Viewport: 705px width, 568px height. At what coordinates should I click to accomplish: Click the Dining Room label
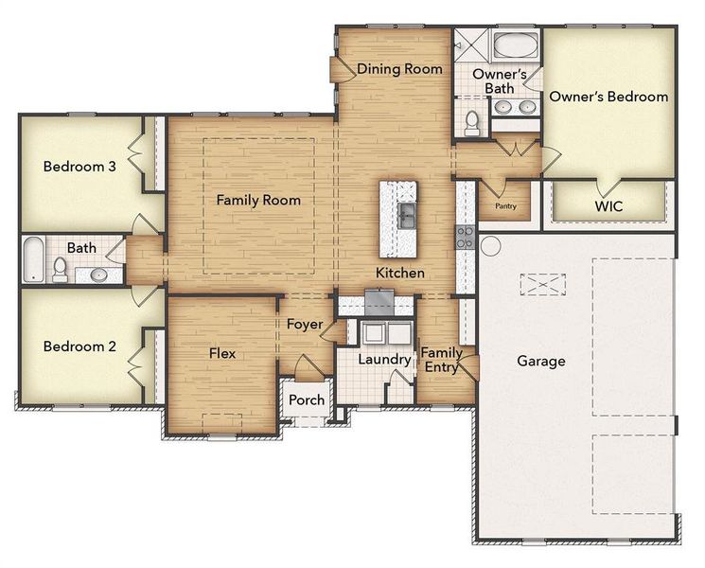pos(398,69)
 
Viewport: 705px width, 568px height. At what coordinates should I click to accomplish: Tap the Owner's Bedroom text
pos(609,97)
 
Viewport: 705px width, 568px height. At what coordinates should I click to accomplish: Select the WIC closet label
pos(609,205)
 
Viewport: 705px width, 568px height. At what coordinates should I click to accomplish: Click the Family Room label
pos(258,200)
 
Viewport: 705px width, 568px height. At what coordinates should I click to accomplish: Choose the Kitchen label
pos(399,273)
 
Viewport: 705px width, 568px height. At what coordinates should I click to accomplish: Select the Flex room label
pos(221,353)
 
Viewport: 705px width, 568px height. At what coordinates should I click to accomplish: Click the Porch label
pos(307,399)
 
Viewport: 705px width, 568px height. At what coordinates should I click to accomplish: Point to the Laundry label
pos(384,360)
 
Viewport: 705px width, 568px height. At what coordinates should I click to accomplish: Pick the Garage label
pos(541,361)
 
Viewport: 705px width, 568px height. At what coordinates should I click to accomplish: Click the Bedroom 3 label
pos(79,167)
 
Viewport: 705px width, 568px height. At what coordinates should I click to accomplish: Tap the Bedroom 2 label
pos(79,346)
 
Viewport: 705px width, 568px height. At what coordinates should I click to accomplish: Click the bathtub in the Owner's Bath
pos(515,45)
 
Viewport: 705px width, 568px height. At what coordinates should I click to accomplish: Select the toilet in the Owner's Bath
pos(472,122)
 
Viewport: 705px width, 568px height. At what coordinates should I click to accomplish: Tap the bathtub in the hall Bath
pos(33,258)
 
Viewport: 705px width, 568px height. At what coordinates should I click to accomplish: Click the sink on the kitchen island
pos(406,216)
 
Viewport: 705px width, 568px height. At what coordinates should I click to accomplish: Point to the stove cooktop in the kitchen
pos(465,236)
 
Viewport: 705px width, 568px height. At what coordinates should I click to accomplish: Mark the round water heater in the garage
pos(489,245)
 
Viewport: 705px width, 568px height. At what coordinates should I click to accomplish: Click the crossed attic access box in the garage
pos(540,285)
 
